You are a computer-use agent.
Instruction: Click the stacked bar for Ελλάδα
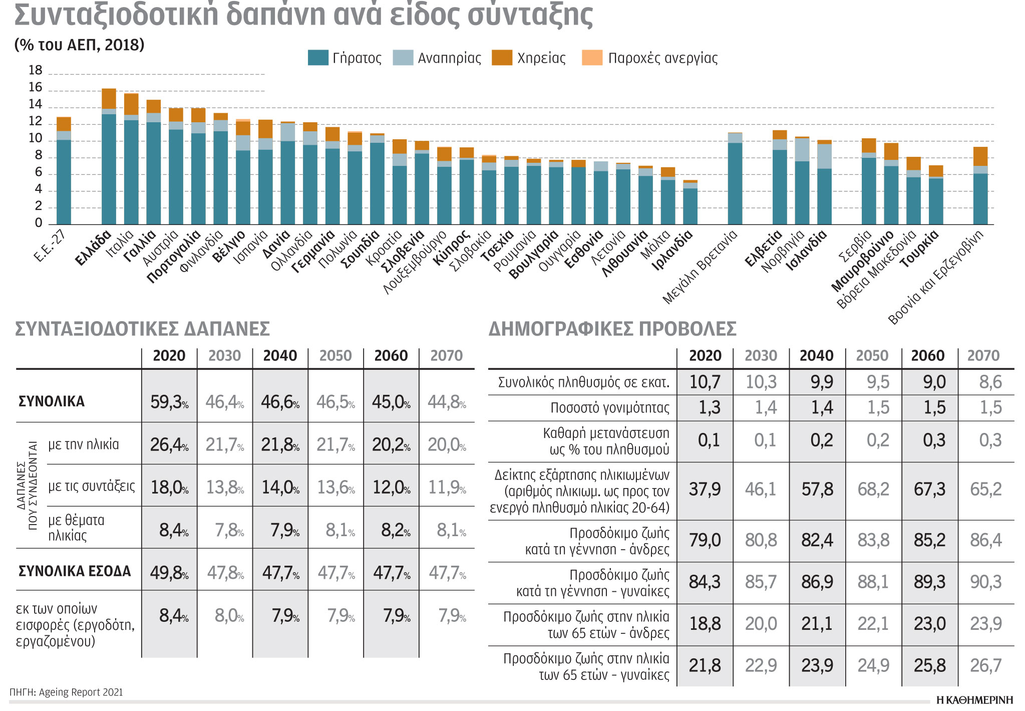pos(109,156)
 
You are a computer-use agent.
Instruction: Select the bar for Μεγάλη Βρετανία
pos(735,178)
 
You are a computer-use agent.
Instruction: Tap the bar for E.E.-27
pos(64,170)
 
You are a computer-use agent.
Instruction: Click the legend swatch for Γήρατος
pos(318,58)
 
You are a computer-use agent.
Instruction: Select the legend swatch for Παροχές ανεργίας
pos(592,58)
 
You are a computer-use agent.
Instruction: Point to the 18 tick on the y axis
pos(36,71)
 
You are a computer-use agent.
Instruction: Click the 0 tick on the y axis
pos(39,223)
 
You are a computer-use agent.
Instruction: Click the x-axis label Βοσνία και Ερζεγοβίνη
pos(935,278)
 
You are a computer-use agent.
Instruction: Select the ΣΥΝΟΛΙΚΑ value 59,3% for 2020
pos(169,402)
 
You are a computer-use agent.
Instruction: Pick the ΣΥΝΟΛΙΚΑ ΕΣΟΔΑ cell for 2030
pos(225,572)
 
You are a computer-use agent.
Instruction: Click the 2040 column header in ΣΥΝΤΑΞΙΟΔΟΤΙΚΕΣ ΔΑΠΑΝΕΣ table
pos(280,356)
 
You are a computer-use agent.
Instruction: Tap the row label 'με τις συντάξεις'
pos(92,486)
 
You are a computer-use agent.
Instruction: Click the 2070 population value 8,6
pos(990,382)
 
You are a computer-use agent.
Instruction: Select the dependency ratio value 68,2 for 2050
pos(873,490)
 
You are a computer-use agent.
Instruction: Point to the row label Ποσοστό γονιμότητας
pos(609,408)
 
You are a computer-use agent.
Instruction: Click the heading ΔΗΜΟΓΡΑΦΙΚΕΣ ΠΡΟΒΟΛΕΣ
pos(612,329)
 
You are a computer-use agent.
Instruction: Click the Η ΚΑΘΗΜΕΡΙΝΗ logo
pos(974,700)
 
